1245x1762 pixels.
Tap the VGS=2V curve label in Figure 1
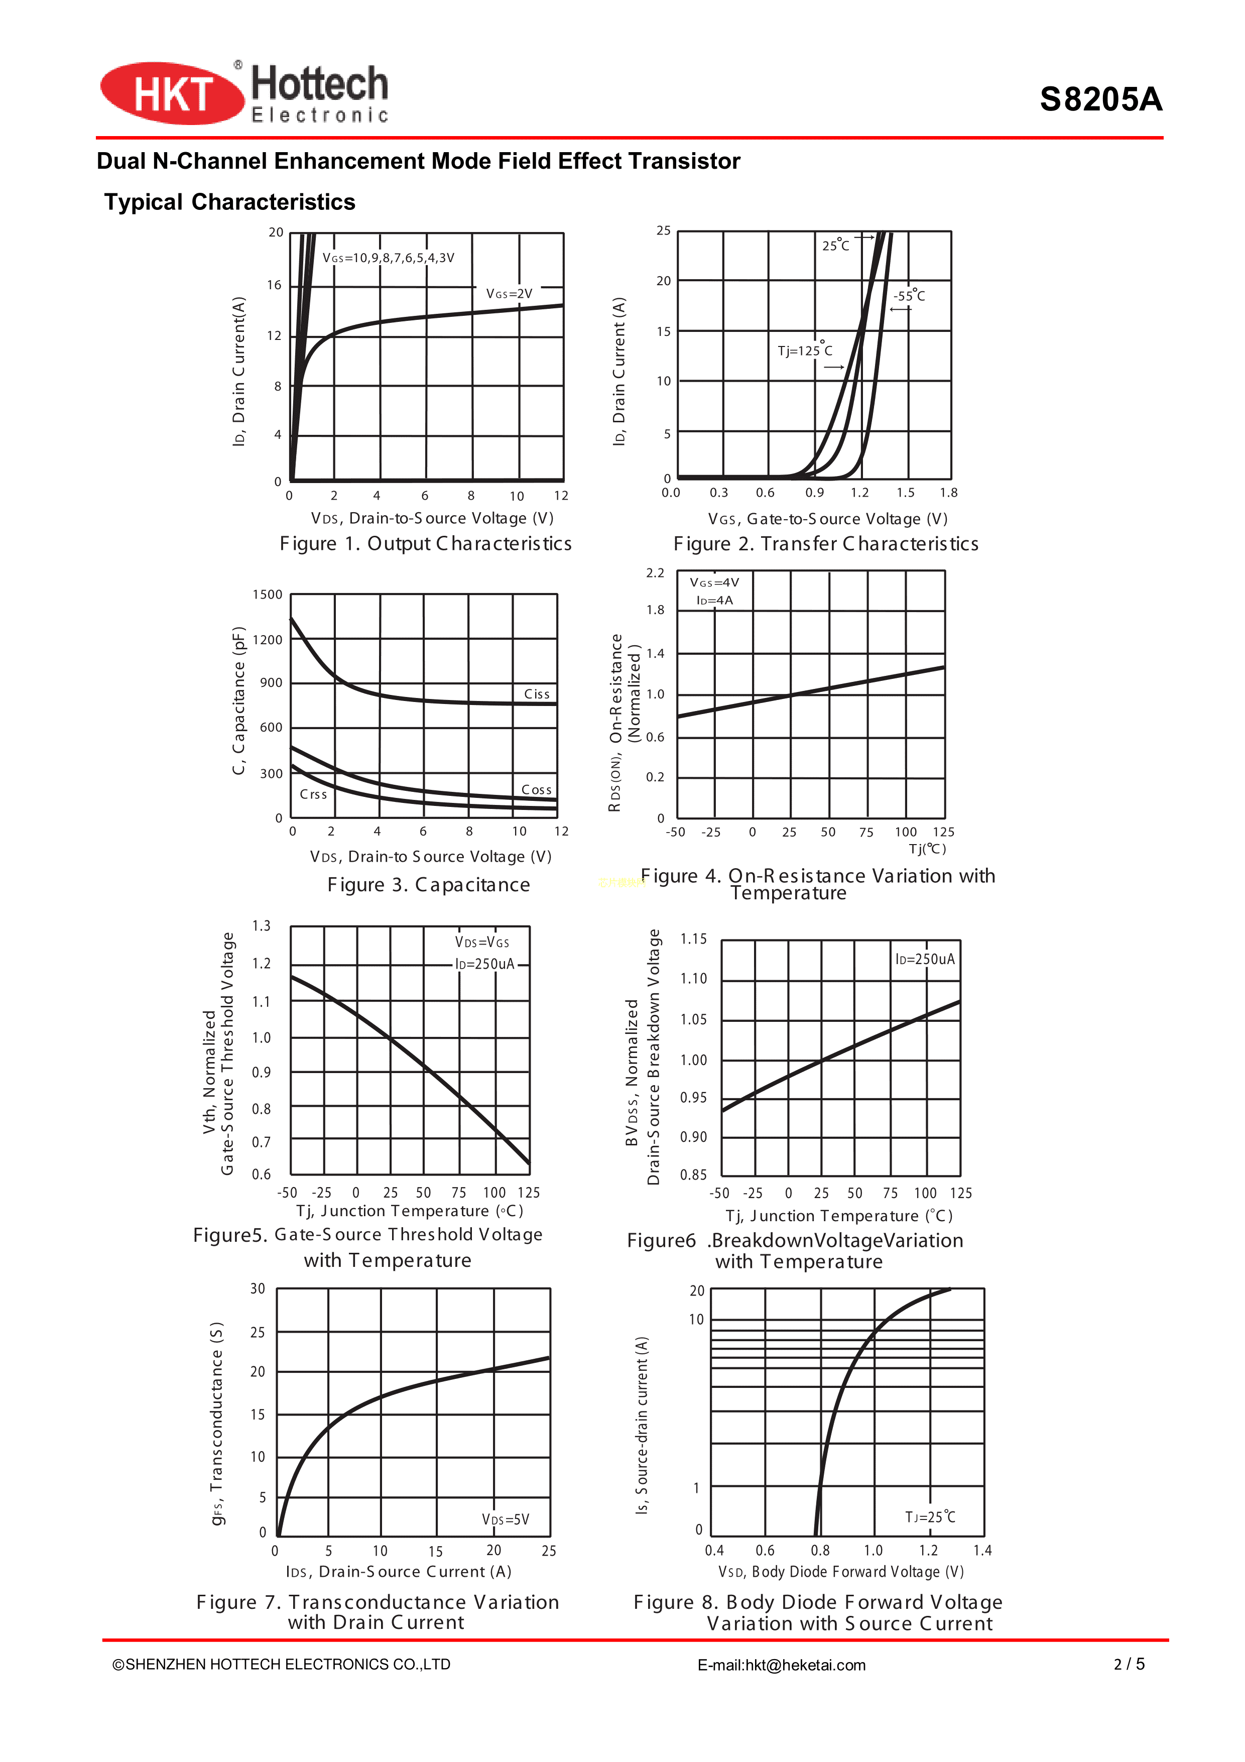tap(509, 294)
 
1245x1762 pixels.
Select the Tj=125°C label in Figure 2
tap(805, 350)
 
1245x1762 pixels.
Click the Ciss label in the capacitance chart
tap(537, 694)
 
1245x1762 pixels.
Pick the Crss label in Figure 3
tap(313, 794)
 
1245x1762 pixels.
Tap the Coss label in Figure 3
tap(536, 790)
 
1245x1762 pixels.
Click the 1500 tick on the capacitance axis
tap(267, 595)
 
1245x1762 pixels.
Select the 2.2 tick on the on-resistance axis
tap(655, 573)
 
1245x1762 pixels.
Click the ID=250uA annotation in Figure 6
tap(925, 959)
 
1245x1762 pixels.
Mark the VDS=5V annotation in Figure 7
tap(506, 1519)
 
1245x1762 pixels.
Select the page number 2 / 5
tap(1129, 1664)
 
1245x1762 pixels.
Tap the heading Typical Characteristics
tap(229, 202)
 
